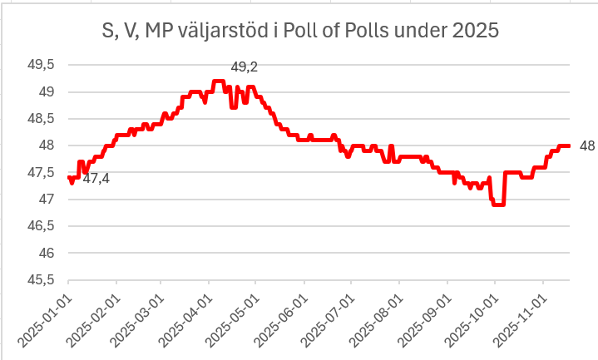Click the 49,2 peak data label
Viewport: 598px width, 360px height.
coord(244,67)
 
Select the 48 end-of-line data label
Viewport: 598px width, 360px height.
coord(586,146)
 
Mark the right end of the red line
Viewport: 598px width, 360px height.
coord(569,145)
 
